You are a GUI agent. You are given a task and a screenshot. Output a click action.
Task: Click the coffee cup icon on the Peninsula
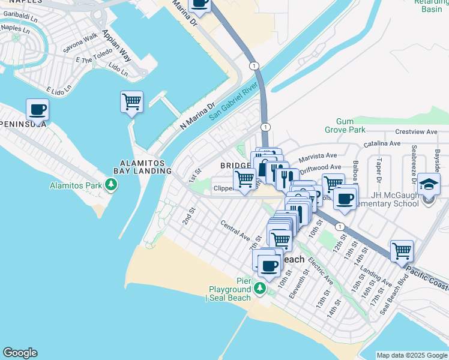point(37,110)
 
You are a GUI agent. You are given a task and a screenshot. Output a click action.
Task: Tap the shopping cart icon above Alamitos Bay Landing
point(131,101)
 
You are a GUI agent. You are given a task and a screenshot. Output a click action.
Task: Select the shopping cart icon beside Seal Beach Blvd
point(402,251)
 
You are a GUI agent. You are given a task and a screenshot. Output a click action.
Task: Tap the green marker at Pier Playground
point(260,289)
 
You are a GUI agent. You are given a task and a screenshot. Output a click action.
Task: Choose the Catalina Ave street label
point(381,144)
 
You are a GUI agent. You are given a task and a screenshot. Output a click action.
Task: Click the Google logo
point(20,353)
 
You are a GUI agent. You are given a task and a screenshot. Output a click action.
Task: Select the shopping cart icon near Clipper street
point(244,179)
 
